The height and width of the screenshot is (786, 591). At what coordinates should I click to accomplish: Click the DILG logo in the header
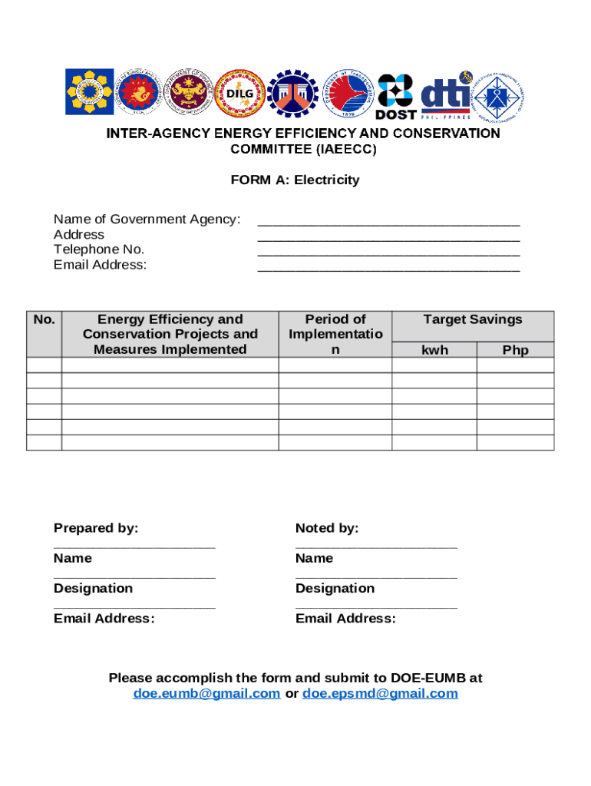239,94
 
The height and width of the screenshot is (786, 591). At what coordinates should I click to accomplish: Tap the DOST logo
395,97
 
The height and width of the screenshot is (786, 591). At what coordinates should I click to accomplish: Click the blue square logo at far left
89,93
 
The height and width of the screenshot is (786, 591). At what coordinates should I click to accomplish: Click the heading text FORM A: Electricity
295,180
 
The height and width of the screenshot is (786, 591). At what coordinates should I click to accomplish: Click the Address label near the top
79,235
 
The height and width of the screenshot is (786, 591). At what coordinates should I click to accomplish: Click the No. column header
44,319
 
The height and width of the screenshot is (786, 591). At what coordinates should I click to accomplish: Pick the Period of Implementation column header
335,334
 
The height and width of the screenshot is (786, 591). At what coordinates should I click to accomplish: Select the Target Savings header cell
472,319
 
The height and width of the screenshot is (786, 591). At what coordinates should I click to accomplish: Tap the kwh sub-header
434,350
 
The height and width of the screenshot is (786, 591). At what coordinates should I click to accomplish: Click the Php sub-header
515,350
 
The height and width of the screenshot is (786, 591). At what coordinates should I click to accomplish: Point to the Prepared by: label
96,528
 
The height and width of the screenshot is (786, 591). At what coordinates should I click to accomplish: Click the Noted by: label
327,528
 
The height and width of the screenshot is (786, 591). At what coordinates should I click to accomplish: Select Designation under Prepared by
93,588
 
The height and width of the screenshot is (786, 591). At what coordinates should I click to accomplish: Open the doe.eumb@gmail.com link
206,694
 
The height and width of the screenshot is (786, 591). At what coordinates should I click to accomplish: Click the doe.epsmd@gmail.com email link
380,694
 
